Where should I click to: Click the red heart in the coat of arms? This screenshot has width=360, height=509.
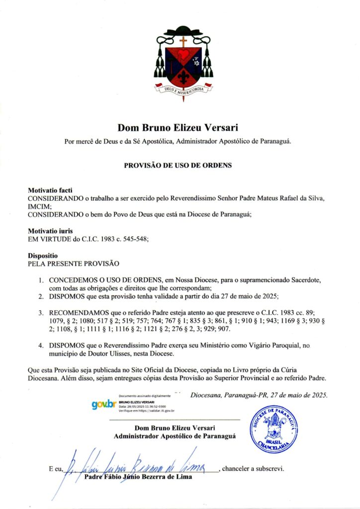click(x=184, y=54)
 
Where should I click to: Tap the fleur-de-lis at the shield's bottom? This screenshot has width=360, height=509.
click(x=184, y=76)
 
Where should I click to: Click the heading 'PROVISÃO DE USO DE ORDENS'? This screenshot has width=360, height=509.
click(x=178, y=165)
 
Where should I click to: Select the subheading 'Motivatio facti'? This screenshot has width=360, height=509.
click(x=50, y=190)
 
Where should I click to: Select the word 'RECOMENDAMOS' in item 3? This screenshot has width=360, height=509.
click(x=79, y=314)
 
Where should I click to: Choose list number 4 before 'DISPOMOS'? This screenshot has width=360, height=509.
click(x=42, y=345)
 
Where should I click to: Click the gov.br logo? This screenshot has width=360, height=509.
click(x=103, y=405)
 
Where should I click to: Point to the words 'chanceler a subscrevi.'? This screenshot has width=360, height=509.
click(x=253, y=468)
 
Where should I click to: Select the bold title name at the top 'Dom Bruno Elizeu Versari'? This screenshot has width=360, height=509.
click(x=178, y=128)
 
